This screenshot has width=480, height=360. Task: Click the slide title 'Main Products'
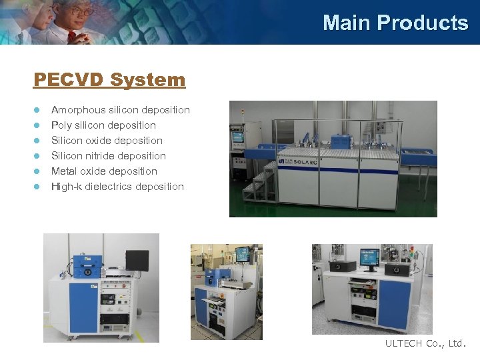395,23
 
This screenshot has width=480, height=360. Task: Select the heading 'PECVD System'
109,80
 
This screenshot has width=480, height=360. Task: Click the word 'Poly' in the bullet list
61,125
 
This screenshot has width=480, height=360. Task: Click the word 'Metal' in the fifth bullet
65,171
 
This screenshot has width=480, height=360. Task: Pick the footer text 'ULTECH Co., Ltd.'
426,344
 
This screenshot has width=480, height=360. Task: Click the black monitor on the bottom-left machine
137,260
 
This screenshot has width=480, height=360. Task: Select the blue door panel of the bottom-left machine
83,307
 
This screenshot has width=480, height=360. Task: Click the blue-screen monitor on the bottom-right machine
369,256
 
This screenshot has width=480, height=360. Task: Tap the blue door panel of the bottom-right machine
393,305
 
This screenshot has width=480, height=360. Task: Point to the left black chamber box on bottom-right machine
343,266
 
